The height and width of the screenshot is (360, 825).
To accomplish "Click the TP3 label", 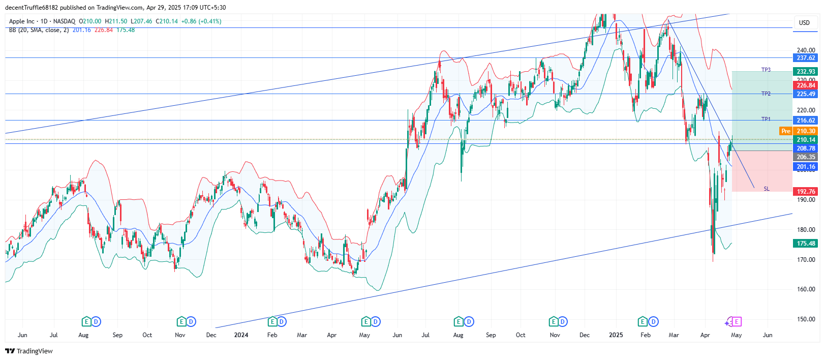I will coord(766,70).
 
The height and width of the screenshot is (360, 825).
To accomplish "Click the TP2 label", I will coord(766,94).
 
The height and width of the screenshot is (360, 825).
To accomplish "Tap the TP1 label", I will coord(766,119).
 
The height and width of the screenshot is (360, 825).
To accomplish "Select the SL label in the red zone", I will coord(767,189).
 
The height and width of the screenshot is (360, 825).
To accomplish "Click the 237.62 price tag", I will coord(806,58).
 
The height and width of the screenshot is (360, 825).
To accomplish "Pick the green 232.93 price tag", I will coord(806,72).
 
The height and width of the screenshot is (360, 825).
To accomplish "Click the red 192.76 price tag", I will coord(806,192).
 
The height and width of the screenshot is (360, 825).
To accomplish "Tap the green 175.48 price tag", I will coord(806,244).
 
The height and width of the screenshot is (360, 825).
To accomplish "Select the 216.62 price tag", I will coord(806,121).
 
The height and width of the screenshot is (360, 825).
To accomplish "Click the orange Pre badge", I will coord(786,131).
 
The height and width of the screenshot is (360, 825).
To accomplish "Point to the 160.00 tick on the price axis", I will coord(806,289).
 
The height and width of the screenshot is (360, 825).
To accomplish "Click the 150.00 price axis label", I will coord(806,319).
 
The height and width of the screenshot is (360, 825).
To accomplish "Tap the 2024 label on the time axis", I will coord(241,335).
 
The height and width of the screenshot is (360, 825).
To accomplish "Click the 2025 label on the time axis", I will coord(616,335).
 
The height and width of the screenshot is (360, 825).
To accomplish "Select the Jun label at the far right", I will coord(768,335).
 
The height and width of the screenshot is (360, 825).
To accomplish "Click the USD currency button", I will coord(804,23).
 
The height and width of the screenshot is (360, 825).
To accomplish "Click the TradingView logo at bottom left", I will coord(29,351).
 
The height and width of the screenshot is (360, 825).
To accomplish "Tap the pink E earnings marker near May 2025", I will coord(736,321).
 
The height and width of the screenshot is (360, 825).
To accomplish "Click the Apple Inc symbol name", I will coord(22,21).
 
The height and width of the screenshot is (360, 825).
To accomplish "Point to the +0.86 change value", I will coord(189,21).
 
